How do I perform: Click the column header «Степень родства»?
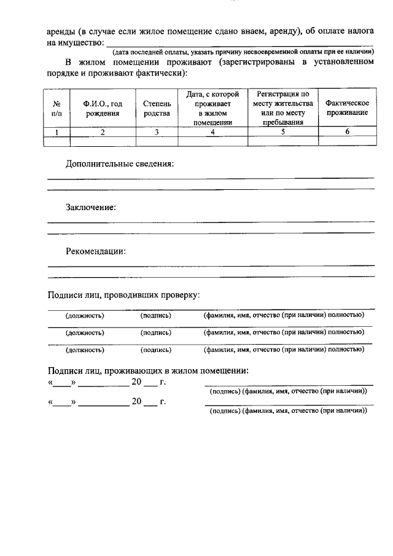(157, 108)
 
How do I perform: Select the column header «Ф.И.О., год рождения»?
(103, 108)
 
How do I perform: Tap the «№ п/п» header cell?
(56, 108)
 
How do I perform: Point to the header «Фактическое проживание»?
(347, 108)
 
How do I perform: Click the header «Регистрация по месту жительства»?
(282, 108)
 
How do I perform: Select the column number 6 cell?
(347, 131)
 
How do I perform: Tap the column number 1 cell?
(56, 131)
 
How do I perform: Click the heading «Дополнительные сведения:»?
(120, 164)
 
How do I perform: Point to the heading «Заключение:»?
(91, 208)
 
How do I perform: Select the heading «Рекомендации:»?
(96, 251)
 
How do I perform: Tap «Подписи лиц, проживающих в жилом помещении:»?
(148, 370)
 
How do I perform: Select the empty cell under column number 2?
(103, 141)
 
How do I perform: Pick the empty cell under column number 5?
(282, 141)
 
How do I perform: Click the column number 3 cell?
(157, 131)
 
